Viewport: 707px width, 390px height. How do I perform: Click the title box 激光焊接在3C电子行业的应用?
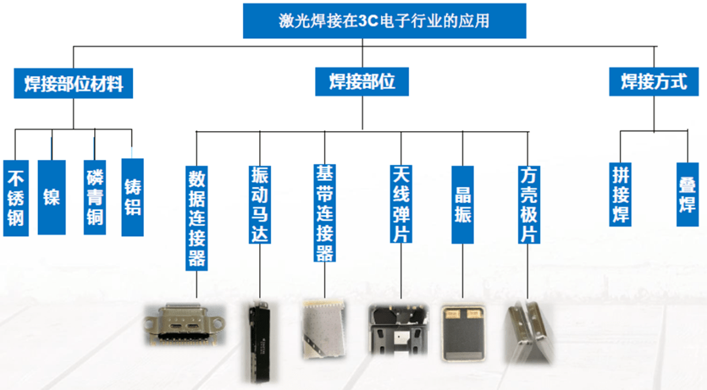click(x=384, y=20)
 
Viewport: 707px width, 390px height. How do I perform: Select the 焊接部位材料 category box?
click(x=73, y=84)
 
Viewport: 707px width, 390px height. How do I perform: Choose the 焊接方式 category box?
click(x=654, y=81)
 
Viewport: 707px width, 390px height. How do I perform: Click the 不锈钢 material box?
click(x=16, y=197)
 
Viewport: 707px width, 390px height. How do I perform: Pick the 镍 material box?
click(x=52, y=196)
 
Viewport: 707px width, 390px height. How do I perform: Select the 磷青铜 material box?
click(x=95, y=196)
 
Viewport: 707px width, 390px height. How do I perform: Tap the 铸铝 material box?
click(x=132, y=196)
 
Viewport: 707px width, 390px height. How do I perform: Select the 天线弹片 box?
click(x=401, y=204)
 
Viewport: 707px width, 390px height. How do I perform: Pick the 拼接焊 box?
click(x=621, y=194)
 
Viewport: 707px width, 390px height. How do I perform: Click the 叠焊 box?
click(x=687, y=195)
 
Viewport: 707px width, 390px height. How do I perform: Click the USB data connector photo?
click(x=185, y=324)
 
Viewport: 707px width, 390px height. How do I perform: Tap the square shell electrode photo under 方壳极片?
click(x=528, y=332)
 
